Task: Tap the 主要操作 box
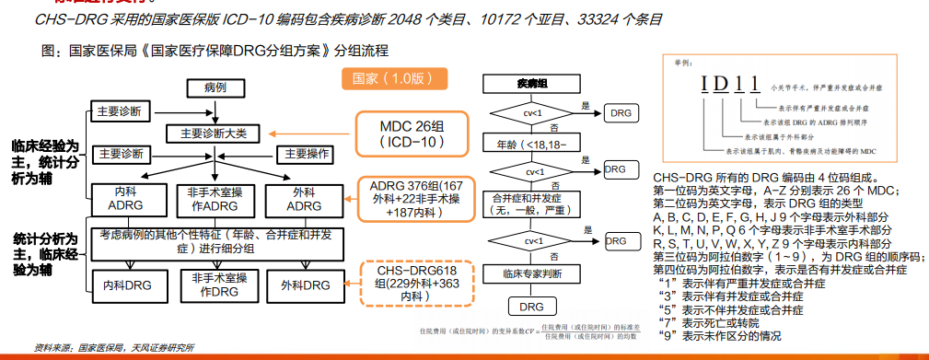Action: pyautogui.click(x=306, y=153)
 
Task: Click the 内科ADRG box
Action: pyautogui.click(x=126, y=200)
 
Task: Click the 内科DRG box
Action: pyautogui.click(x=126, y=285)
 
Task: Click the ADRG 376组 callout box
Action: pyautogui.click(x=415, y=198)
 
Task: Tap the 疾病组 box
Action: pyautogui.click(x=532, y=84)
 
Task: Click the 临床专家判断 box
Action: pyautogui.click(x=532, y=274)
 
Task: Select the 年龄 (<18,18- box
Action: pyautogui.click(x=532, y=144)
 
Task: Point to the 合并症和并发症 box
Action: pyautogui.click(x=532, y=204)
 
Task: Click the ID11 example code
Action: pyautogui.click(x=731, y=87)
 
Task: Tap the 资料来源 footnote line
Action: pyautogui.click(x=114, y=347)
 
